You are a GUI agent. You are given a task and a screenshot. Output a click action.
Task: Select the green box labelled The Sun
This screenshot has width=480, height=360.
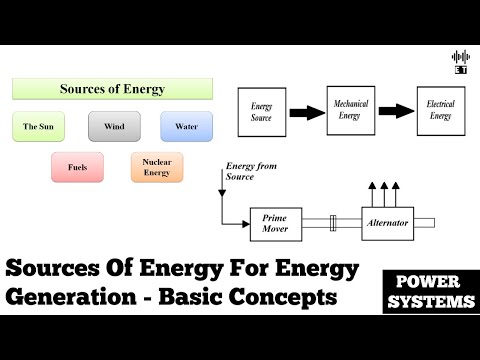click(x=38, y=127)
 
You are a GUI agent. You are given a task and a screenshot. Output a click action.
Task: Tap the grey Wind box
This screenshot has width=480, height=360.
click(x=113, y=127)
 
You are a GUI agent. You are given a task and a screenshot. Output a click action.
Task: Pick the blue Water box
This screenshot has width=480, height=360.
click(x=185, y=127)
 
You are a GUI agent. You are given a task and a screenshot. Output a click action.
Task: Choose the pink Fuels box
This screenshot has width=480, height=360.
click(x=77, y=166)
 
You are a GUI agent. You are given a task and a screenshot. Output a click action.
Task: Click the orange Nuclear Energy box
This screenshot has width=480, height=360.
click(x=156, y=166)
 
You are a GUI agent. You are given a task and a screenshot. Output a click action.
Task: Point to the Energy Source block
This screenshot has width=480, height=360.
click(x=261, y=111)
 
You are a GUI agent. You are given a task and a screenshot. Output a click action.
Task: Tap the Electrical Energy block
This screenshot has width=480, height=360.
click(x=440, y=109)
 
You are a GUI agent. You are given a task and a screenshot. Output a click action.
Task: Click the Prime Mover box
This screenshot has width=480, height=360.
click(x=274, y=222)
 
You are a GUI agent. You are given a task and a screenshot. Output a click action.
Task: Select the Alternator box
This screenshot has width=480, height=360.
click(x=387, y=222)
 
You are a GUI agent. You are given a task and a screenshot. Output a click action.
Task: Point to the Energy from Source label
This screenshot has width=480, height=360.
click(x=255, y=172)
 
